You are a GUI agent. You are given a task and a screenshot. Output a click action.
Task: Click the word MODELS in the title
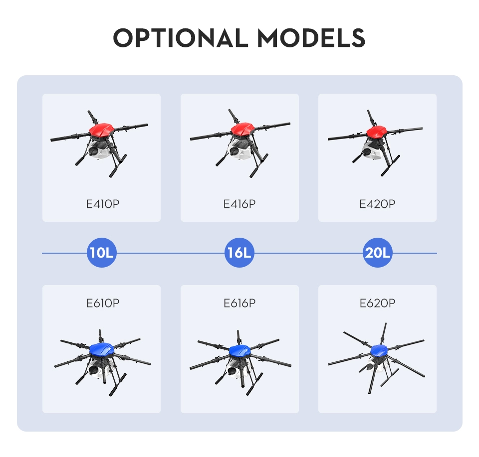[311, 38]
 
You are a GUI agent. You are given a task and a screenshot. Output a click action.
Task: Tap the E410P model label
[103, 204]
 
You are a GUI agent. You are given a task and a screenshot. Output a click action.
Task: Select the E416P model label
[239, 204]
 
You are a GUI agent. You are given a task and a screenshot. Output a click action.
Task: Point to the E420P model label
[377, 204]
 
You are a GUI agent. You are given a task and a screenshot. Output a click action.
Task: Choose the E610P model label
[103, 303]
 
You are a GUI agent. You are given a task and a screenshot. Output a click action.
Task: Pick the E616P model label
[239, 303]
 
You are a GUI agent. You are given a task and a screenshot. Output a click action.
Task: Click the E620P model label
[377, 303]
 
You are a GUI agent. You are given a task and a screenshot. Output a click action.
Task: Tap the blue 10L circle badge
[102, 253]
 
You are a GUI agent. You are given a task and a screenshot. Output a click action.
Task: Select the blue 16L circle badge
[239, 253]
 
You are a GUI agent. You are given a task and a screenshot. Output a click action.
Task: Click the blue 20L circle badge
[378, 253]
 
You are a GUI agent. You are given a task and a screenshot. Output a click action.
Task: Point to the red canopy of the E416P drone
[242, 130]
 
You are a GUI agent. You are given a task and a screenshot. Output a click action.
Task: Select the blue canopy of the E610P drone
[102, 349]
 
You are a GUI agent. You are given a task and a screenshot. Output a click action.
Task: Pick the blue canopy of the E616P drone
[240, 351]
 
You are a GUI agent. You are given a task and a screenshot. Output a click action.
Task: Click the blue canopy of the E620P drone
[379, 351]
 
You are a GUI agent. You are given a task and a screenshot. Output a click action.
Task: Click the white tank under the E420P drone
[373, 152]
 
